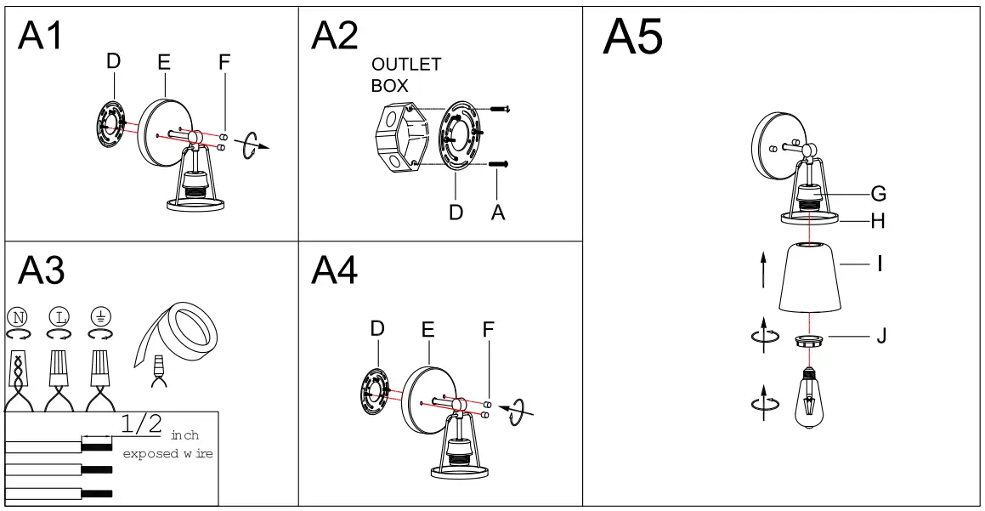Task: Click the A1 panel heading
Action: (41, 35)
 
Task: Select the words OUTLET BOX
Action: (405, 75)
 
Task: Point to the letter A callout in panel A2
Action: (498, 213)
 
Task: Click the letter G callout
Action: (879, 194)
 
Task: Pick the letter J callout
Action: (881, 337)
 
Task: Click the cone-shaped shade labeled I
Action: (810, 278)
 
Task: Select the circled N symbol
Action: (17, 318)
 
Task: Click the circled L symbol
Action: (58, 318)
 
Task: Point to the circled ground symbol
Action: (99, 318)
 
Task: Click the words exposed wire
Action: (167, 454)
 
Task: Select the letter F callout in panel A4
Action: (489, 329)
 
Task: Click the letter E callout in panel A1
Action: (164, 62)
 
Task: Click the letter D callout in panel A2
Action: (456, 213)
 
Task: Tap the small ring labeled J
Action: (809, 341)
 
